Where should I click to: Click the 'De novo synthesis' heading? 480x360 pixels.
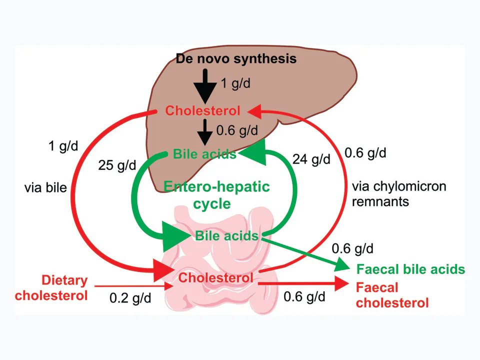click(x=236, y=59)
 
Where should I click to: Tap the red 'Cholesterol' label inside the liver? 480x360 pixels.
click(x=202, y=111)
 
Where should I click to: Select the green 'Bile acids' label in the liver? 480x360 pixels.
click(x=204, y=154)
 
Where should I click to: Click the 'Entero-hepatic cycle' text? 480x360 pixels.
click(x=216, y=195)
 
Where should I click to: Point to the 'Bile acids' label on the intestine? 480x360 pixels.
click(x=227, y=235)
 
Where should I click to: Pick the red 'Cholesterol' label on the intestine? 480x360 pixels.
click(x=216, y=278)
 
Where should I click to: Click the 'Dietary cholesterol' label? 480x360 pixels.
click(x=51, y=288)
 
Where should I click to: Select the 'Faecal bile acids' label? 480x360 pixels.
click(x=411, y=269)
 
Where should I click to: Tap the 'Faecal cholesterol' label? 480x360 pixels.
click(x=392, y=295)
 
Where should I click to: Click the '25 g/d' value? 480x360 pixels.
click(x=117, y=165)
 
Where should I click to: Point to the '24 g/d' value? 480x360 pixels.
click(x=311, y=159)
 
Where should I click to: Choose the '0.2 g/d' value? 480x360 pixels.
click(x=130, y=298)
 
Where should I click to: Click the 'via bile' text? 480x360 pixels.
click(x=45, y=187)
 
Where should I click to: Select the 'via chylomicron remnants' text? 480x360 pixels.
click(x=399, y=194)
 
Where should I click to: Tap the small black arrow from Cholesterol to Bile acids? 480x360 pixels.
click(x=205, y=132)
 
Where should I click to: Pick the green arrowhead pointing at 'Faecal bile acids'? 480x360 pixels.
click(x=341, y=265)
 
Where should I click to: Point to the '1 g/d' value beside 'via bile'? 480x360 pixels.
click(x=63, y=146)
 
